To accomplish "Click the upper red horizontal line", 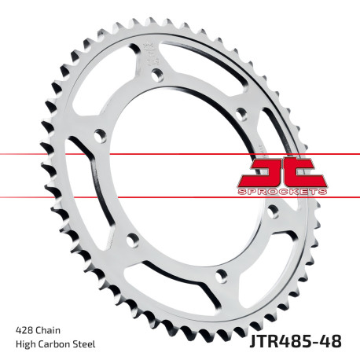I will (x=118, y=154).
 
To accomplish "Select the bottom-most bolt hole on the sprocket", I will (x=221, y=275).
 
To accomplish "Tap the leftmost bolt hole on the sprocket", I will (x=98, y=136).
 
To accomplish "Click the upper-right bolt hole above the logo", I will (x=241, y=115).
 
